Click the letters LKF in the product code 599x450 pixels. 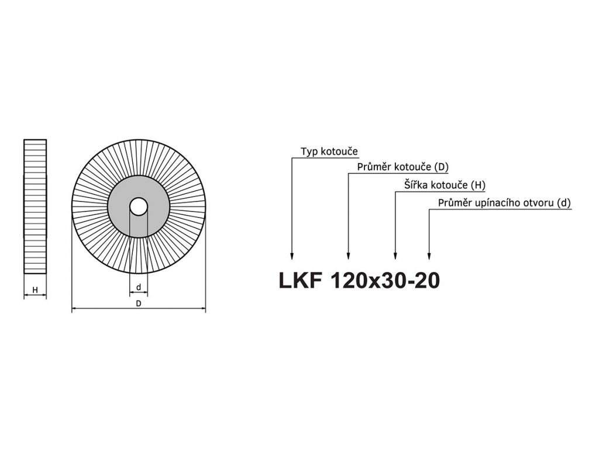(299, 281)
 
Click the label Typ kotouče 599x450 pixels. (329, 152)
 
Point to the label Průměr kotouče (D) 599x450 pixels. (402, 167)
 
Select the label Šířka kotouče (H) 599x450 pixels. (445, 185)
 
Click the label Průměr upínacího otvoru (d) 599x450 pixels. (504, 203)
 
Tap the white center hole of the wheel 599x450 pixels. (139, 207)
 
